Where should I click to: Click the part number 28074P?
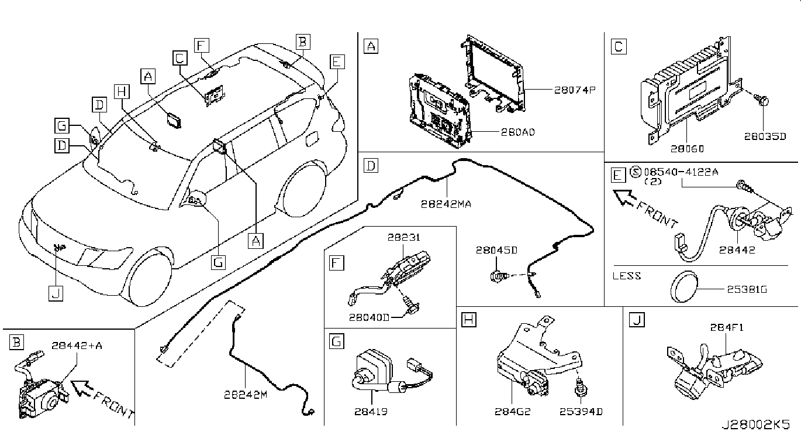575,90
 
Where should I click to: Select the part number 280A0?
517,132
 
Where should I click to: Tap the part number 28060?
687,148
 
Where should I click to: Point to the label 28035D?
765,136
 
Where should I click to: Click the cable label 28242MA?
446,204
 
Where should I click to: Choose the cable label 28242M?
246,395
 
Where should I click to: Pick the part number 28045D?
496,249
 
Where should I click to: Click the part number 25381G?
747,289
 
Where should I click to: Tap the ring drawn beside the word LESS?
683,286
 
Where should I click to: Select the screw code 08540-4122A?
681,172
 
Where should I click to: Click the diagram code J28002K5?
755,424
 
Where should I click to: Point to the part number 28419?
371,412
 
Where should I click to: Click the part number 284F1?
727,327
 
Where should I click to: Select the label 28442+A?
77,346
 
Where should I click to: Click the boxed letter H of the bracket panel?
468,320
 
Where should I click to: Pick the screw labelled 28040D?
411,306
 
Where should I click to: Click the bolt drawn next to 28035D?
761,100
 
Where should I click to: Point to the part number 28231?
404,237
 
